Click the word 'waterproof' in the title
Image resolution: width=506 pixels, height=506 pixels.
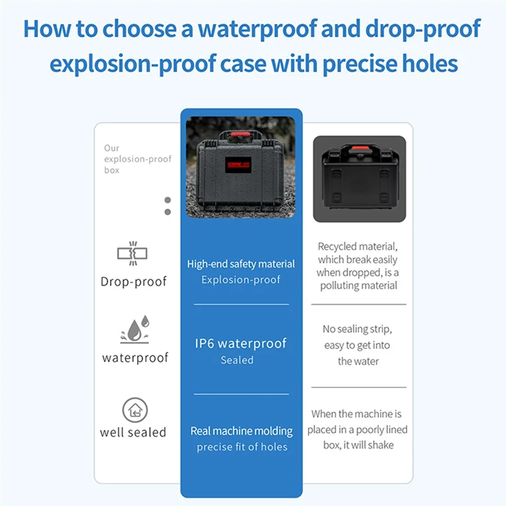click(257, 29)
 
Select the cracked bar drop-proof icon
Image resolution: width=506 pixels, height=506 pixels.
click(132, 254)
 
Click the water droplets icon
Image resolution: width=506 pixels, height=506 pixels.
click(135, 329)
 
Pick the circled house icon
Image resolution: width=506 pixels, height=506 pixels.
click(135, 410)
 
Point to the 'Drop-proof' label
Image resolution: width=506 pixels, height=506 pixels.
click(133, 281)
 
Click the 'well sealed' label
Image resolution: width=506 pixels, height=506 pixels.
click(133, 433)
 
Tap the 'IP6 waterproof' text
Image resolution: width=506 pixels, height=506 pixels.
click(241, 343)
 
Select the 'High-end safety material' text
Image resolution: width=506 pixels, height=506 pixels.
click(241, 264)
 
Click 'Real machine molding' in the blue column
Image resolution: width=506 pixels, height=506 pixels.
click(242, 431)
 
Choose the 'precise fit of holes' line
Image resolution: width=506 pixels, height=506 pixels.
click(242, 447)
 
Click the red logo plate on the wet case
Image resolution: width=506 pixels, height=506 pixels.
click(238, 165)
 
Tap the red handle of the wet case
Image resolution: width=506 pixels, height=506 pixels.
click(240, 134)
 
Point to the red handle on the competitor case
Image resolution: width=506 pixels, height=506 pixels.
click(360, 148)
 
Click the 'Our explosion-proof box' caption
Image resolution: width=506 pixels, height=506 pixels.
click(137, 159)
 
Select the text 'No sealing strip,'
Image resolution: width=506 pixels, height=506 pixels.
click(357, 329)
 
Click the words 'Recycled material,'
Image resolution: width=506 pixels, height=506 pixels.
click(357, 247)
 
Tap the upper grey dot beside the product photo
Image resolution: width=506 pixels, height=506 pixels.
click(168, 200)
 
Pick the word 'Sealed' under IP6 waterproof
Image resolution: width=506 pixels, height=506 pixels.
click(237, 360)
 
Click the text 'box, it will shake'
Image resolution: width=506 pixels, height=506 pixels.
click(359, 445)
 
